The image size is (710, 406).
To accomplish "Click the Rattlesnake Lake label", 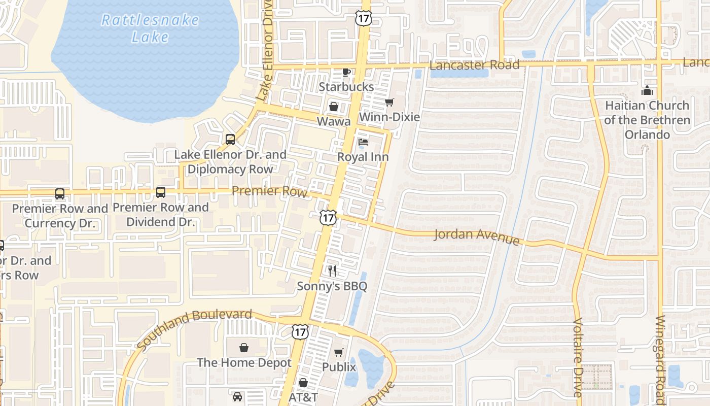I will pyautogui.click(x=150, y=28).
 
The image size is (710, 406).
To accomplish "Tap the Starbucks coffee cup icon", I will pyautogui.click(x=346, y=72).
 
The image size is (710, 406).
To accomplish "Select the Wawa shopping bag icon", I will pyautogui.click(x=334, y=107).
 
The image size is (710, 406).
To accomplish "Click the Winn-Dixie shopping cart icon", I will pyautogui.click(x=389, y=103).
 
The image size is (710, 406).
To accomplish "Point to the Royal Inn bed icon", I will pyautogui.click(x=363, y=142).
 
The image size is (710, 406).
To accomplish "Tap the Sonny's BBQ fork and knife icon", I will pyautogui.click(x=332, y=271).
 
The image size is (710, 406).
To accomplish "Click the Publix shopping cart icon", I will pyautogui.click(x=339, y=352).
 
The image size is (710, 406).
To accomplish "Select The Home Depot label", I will pyautogui.click(x=244, y=362).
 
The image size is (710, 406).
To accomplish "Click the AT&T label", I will pyautogui.click(x=303, y=397).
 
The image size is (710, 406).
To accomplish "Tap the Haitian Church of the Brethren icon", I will pyautogui.click(x=647, y=91).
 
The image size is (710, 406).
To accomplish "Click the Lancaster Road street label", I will pyautogui.click(x=474, y=65).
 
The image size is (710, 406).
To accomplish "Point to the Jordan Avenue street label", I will pyautogui.click(x=477, y=236).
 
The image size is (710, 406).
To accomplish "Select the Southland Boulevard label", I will pyautogui.click(x=194, y=328).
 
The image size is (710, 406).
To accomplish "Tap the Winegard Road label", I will pyautogui.click(x=660, y=355).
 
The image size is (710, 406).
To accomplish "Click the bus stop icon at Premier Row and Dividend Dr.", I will pyautogui.click(x=161, y=192).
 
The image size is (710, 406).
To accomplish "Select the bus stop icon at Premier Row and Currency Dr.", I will pyautogui.click(x=60, y=194).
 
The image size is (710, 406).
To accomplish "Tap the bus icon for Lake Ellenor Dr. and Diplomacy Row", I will pyautogui.click(x=230, y=140).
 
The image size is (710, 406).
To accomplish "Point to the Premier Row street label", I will pyautogui.click(x=269, y=191).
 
